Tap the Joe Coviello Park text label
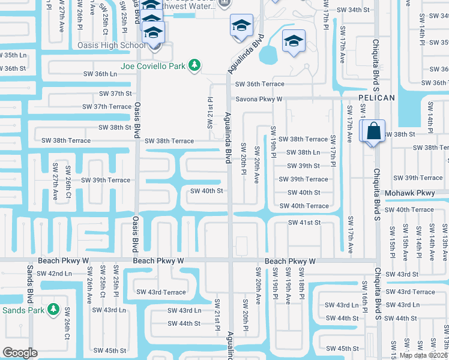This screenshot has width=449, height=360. (153, 66)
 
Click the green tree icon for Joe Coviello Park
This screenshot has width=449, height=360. (194, 65)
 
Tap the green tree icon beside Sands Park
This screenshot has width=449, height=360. (53, 310)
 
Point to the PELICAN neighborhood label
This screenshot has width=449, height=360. (376, 98)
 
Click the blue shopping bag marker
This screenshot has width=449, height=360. (373, 131)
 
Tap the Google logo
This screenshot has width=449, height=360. (20, 353)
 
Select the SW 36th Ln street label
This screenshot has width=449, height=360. (100, 74)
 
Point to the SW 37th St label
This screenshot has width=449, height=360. (115, 94)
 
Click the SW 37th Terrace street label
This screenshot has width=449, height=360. (107, 107)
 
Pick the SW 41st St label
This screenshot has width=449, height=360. (304, 223)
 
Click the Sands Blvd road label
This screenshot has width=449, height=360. (29, 284)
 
